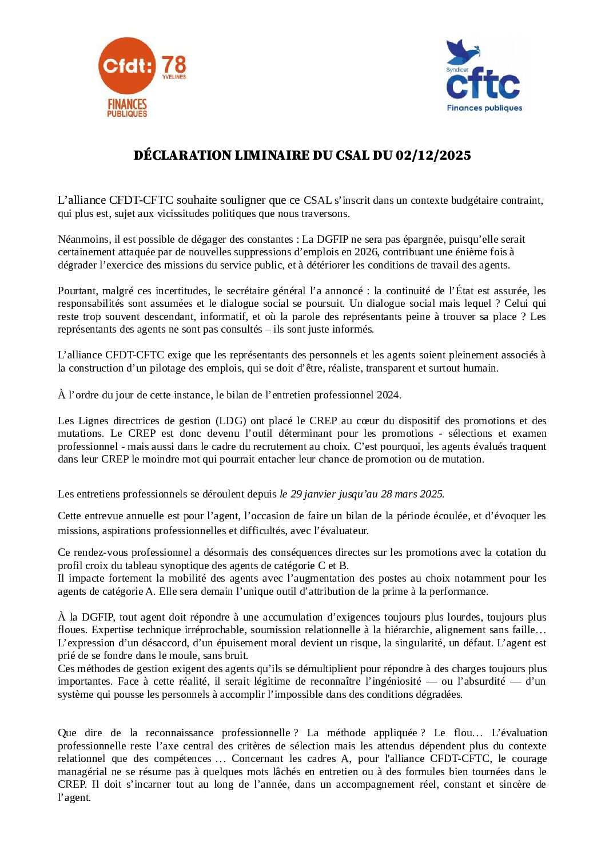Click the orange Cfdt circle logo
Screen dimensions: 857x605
(x=126, y=65)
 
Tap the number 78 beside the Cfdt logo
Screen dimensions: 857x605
(x=174, y=65)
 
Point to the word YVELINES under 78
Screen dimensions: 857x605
(x=174, y=77)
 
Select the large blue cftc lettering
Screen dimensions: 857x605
(x=483, y=84)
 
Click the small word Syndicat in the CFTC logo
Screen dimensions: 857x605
(x=454, y=70)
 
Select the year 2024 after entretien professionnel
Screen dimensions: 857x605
(x=388, y=395)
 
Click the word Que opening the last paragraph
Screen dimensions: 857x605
(x=67, y=733)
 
